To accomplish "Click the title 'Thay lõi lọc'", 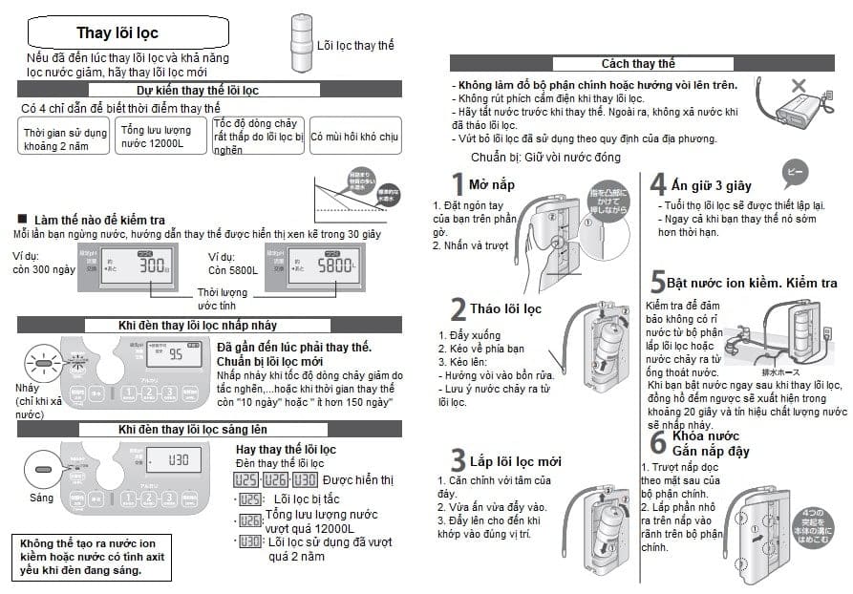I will coord(118,33).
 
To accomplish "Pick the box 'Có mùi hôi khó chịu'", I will coord(353,137).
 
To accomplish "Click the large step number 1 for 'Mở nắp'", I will coord(458,185).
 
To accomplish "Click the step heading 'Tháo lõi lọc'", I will coord(505,308).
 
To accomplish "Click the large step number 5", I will coord(657,282).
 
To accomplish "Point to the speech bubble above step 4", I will coord(795,175).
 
